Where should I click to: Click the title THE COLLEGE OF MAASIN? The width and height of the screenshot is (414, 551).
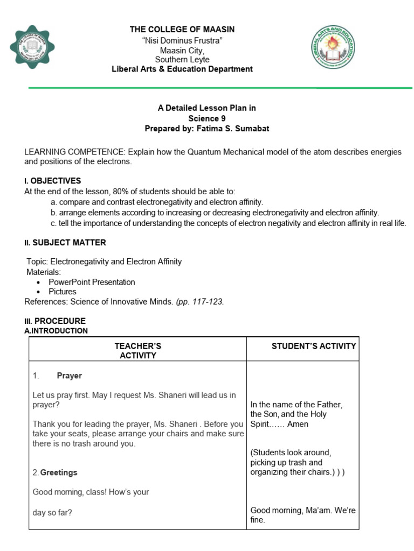[182, 29]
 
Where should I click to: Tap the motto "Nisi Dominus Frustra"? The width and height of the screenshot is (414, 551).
[182, 41]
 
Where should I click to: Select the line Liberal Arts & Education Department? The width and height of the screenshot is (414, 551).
[182, 69]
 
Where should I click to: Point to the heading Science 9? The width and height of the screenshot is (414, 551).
[207, 118]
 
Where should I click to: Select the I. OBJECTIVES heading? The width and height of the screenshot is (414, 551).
[52, 180]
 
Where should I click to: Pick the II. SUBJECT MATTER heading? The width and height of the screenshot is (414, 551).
[65, 243]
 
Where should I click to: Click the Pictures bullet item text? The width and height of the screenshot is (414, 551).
[63, 292]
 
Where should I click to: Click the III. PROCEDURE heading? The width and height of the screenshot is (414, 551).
[54, 321]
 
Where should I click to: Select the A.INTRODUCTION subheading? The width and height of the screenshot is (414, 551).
[56, 330]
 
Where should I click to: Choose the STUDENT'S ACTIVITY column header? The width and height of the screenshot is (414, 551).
[314, 346]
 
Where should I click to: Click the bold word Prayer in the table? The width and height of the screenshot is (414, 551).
[70, 376]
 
